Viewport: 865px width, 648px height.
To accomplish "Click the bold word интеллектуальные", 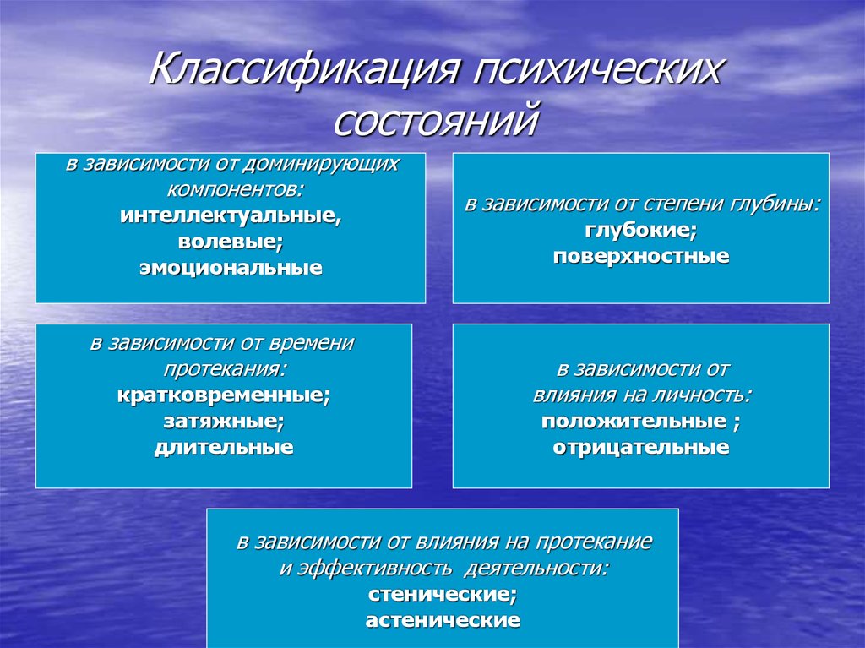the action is [231, 215].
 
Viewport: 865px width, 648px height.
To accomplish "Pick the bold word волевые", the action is [231, 242].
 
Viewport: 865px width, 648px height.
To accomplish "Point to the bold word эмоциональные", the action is [231, 268].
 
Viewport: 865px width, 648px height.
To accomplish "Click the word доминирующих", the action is [321, 165].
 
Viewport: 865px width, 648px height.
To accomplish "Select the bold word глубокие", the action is [640, 230].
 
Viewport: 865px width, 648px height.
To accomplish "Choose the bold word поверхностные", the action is [641, 256].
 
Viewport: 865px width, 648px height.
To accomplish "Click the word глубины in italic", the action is [775, 204].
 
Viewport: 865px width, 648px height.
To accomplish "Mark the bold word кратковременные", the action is [223, 395].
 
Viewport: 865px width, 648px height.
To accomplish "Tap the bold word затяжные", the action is [223, 422].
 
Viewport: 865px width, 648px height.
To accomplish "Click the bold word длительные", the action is [223, 447].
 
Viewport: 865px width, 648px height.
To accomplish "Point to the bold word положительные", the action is [634, 422].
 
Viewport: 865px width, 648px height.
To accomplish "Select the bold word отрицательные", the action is [641, 447].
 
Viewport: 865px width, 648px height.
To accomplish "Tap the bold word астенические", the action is [443, 620].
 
